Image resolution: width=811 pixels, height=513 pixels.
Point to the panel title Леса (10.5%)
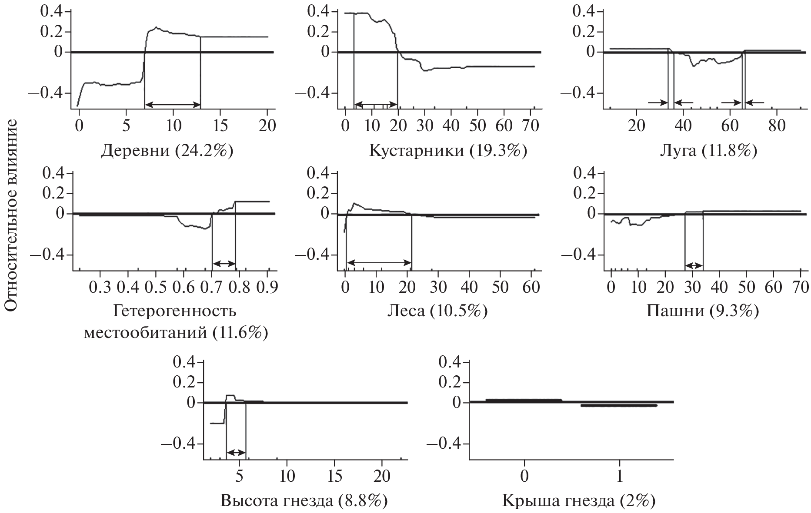click(437, 311)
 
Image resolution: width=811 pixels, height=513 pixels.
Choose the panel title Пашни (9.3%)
click(703, 311)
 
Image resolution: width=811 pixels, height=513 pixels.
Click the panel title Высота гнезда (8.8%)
click(304, 501)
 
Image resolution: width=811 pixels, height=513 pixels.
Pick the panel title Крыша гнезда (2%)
click(578, 501)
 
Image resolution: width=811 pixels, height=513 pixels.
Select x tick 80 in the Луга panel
click(776, 126)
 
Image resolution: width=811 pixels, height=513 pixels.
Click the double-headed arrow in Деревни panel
click(172, 104)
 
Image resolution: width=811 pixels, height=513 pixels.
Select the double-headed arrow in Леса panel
click(379, 262)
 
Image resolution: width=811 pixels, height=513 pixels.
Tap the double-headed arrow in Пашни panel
click(694, 265)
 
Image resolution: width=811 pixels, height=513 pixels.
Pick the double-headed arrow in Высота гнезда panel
click(236, 453)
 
